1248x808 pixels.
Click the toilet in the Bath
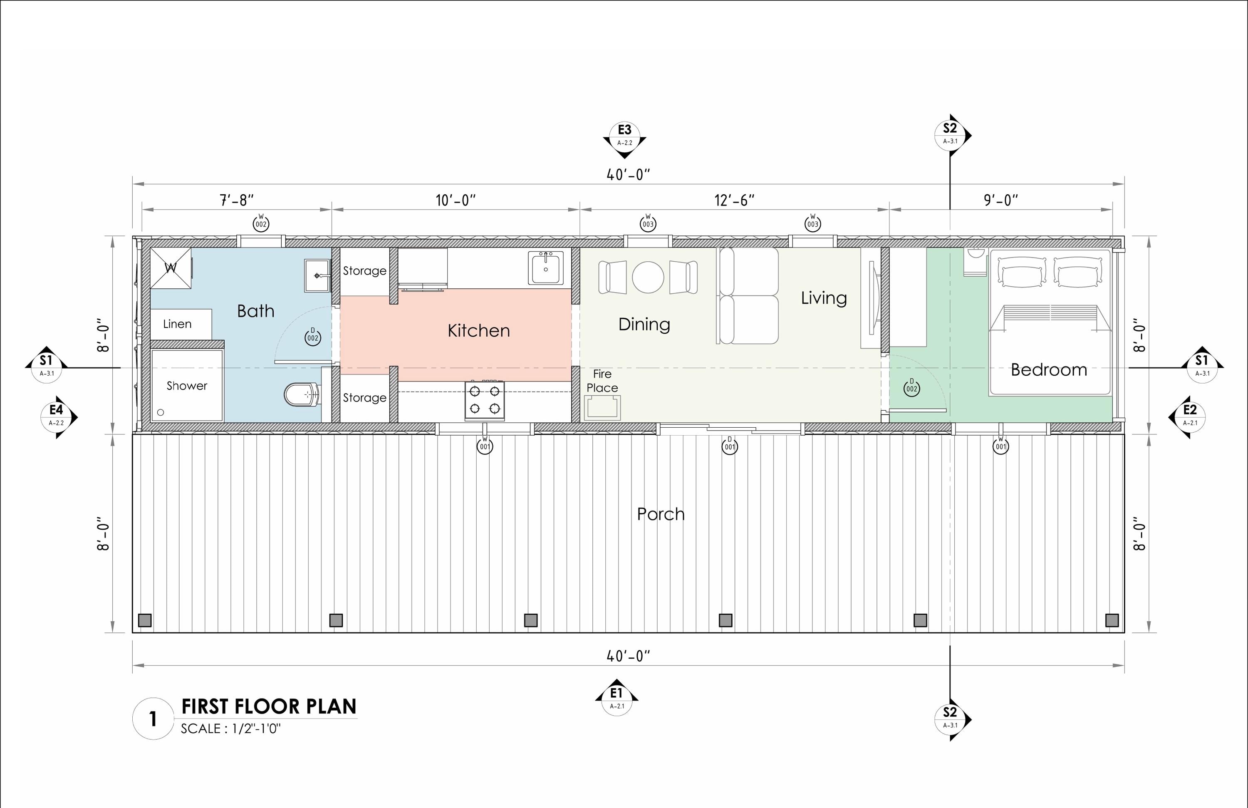click(302, 395)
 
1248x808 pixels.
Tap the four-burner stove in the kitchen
click(485, 400)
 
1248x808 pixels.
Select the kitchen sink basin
click(546, 268)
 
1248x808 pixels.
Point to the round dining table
click(648, 277)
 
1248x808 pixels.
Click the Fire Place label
click(602, 381)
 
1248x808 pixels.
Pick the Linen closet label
click(177, 324)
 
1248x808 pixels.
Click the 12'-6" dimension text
click(734, 200)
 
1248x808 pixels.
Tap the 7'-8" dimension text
click(236, 200)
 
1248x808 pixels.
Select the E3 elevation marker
click(624, 135)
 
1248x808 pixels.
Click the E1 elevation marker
click(617, 698)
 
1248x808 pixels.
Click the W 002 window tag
click(260, 223)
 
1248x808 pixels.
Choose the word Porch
click(661, 514)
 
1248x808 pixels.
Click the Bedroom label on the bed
click(1049, 369)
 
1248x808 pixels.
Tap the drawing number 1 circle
click(153, 719)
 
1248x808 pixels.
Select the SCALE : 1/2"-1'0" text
click(231, 729)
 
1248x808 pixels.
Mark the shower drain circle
click(161, 413)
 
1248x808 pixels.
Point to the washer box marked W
click(171, 268)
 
